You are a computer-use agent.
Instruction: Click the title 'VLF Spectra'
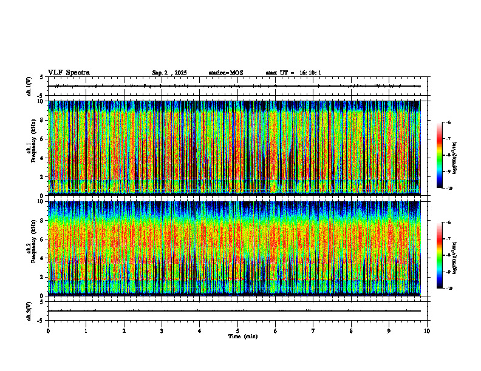tap(69, 73)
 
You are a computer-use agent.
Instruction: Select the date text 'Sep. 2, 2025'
tap(169, 73)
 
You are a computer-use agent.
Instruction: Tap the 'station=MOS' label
tap(225, 73)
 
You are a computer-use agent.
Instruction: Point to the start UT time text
tap(293, 73)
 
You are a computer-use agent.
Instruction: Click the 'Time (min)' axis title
tap(242, 336)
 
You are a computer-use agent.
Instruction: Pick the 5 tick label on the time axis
tap(237, 330)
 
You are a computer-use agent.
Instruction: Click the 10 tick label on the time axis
tap(427, 330)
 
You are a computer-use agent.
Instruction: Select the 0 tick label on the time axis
tap(48, 330)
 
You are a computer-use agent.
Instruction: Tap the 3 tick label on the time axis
tap(162, 330)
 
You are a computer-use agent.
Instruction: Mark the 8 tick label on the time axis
tap(351, 330)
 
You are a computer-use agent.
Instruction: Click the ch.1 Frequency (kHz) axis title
tap(30, 147)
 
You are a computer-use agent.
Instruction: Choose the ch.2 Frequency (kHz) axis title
tap(30, 247)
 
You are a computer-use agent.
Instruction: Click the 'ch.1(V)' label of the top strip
tap(29, 86)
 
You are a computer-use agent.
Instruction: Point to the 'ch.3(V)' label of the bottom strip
tap(29, 310)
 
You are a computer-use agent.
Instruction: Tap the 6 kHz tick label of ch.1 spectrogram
tap(42, 138)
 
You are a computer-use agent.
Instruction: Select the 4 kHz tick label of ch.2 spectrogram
tap(42, 258)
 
